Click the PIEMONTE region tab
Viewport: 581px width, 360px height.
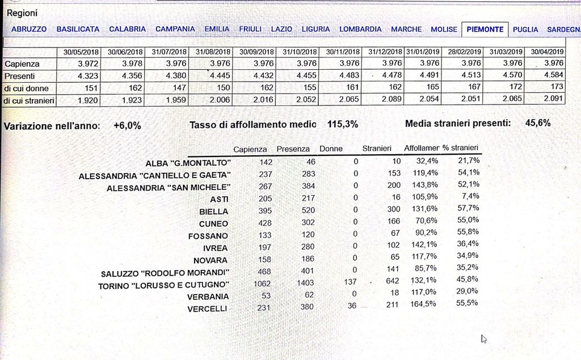tap(485, 29)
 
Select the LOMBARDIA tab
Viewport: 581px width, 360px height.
tap(360, 29)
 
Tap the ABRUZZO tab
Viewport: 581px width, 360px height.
tap(29, 29)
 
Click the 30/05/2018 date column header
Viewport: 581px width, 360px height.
tap(81, 52)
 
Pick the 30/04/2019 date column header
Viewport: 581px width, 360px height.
tap(547, 52)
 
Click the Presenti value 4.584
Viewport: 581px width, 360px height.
tap(553, 75)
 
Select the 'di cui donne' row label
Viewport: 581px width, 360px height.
tap(27, 88)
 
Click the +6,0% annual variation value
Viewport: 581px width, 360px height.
tap(127, 126)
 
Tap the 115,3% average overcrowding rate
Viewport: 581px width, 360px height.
tap(342, 124)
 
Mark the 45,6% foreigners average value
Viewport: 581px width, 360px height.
tap(538, 123)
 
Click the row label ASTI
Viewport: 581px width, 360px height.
tap(219, 199)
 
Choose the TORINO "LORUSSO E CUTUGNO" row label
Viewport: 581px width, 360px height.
tap(164, 285)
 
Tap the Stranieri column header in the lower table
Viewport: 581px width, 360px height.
tap(377, 149)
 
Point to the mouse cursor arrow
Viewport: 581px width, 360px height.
tap(483, 339)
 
